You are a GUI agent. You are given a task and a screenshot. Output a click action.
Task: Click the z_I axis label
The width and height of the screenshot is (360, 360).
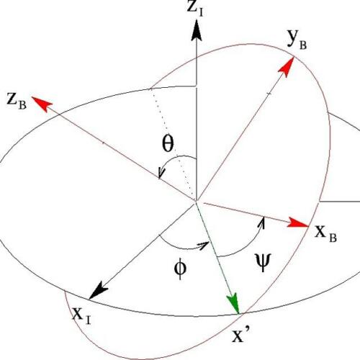coord(195,9)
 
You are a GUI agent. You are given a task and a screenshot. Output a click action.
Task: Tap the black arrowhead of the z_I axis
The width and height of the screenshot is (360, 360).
coord(197,30)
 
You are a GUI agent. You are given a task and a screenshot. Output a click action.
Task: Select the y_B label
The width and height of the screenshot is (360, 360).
coord(297,40)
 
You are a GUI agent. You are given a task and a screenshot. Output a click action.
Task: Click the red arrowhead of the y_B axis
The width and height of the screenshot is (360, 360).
coord(287,67)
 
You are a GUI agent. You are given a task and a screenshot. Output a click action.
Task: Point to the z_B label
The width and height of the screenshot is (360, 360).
coord(17,102)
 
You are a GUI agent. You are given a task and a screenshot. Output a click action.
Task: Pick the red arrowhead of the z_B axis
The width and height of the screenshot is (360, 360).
coord(42,104)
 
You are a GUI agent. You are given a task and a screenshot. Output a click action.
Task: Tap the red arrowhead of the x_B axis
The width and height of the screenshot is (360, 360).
coord(297,222)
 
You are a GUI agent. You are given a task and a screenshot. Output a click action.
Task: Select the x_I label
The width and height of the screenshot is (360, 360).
coord(81,315)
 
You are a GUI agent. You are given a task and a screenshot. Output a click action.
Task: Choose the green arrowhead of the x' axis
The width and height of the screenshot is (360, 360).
coord(233,303)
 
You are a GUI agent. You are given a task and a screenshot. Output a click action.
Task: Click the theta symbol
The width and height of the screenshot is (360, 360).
coord(167,144)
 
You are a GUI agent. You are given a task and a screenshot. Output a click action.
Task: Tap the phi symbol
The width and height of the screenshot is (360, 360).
coord(180,269)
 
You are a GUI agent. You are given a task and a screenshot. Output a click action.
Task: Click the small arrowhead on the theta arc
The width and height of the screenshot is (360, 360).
coord(161,173)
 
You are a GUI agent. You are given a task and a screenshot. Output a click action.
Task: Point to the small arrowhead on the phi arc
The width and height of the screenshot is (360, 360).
coord(204,246)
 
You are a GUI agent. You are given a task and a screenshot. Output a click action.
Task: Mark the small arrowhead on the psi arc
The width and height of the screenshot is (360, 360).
coord(263,222)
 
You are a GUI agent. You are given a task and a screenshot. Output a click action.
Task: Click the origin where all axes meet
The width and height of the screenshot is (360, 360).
coord(196,201)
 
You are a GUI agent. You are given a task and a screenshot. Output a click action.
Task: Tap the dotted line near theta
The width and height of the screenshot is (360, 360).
coord(172,145)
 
